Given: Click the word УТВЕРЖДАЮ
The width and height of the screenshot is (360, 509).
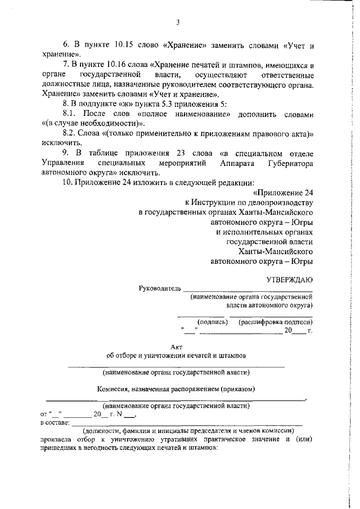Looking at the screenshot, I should pyautogui.click(x=289, y=279).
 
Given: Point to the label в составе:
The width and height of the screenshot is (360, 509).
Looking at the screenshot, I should pyautogui.click(x=55, y=422).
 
